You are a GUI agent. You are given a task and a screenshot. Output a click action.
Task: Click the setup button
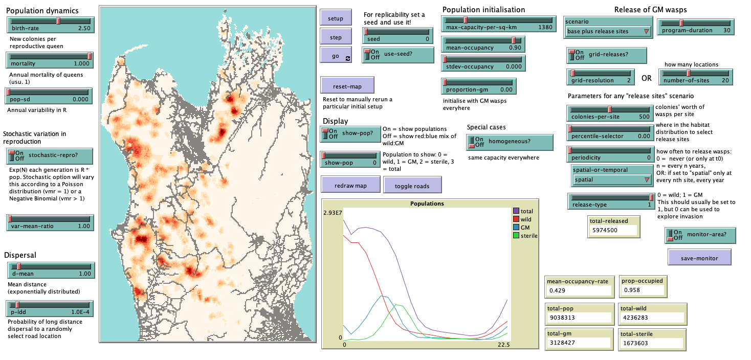pos(336,18)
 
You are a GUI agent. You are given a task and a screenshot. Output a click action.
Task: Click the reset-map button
pos(347,85)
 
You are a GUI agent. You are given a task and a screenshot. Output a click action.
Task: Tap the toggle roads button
pos(412,185)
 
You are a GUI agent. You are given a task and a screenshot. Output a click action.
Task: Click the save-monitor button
pos(699,258)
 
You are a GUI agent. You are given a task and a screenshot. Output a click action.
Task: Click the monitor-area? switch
pos(677,235)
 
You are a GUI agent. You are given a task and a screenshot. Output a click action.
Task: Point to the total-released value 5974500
pos(613,230)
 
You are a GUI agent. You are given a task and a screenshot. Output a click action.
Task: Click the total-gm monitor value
pos(579,343)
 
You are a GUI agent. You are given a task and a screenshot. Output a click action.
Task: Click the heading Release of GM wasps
pos(650,10)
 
